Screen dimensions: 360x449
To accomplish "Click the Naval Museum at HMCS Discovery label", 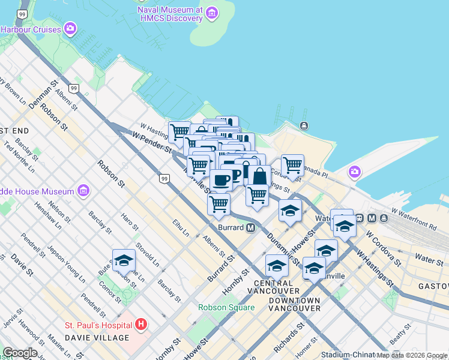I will (x=170, y=14).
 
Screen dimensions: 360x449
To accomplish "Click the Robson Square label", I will (x=227, y=307).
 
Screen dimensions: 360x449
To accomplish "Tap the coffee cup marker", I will (x=221, y=179).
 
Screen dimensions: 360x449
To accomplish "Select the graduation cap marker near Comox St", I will (x=124, y=260).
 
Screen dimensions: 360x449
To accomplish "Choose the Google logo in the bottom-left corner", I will (x=20, y=353).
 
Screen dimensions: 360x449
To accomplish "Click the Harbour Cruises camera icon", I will (x=71, y=29).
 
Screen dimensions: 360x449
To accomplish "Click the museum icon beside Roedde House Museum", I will (x=83, y=191).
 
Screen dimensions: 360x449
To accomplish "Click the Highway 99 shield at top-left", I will (x=22, y=14).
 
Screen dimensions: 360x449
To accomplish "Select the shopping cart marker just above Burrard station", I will (x=218, y=203).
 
